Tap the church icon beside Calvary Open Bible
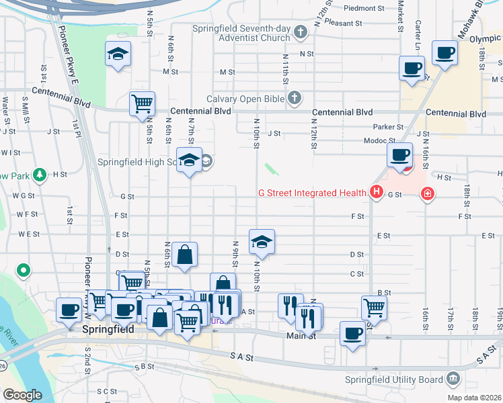[294, 99]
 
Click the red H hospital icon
[376, 193]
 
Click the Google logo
[22, 395]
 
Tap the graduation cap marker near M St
[118, 54]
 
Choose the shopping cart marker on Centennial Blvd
[142, 104]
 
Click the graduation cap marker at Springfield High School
[189, 161]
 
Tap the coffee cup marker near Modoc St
[400, 156]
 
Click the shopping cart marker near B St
[374, 308]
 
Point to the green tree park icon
[40, 175]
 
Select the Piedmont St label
[362, 9]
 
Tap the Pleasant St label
[343, 23]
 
